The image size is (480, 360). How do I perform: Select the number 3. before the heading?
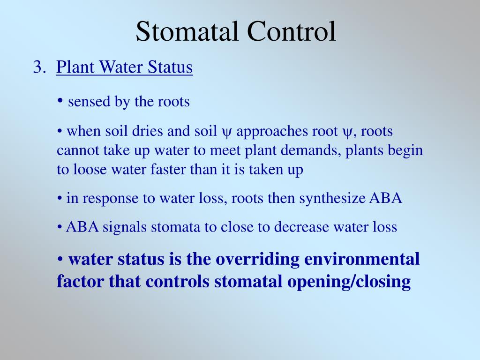click(x=39, y=67)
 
